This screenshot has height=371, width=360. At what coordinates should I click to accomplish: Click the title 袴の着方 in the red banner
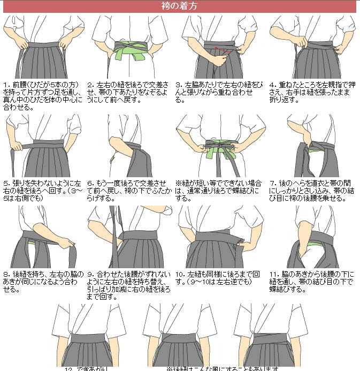pyautogui.click(x=179, y=6)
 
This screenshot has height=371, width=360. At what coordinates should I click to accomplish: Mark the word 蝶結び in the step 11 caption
pyautogui.click(x=282, y=290)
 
